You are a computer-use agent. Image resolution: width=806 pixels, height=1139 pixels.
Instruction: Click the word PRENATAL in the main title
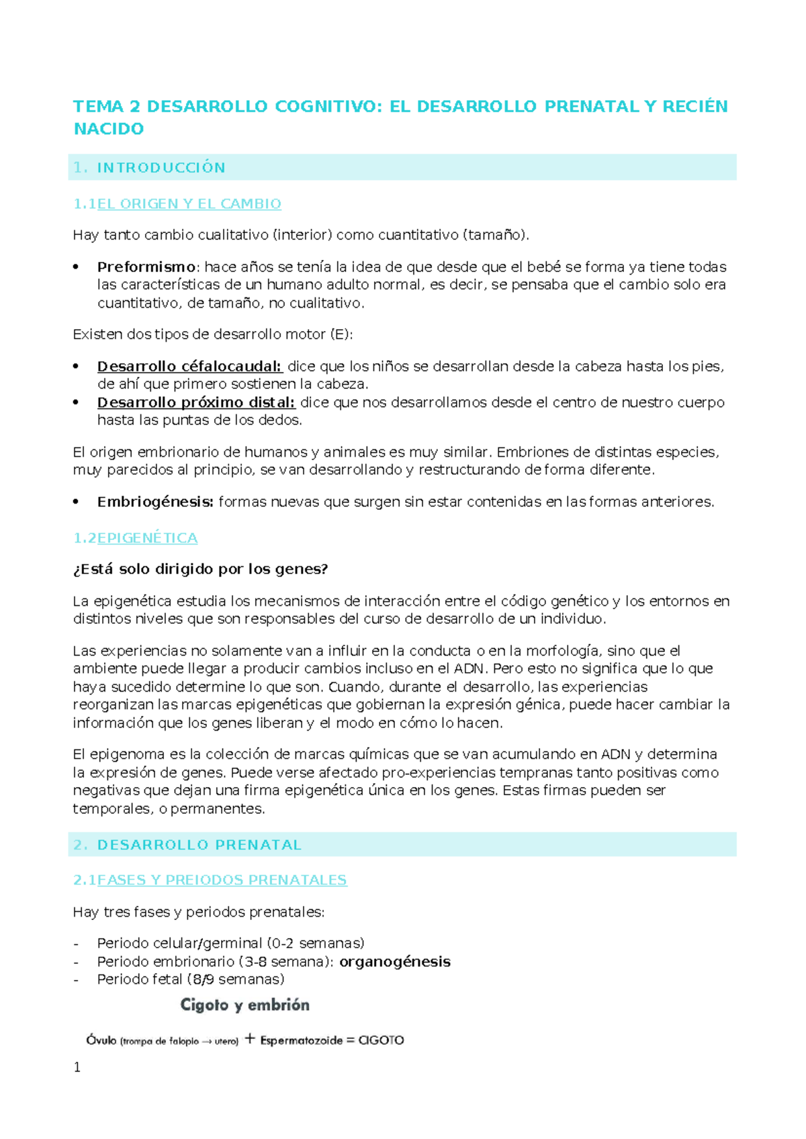click(x=591, y=107)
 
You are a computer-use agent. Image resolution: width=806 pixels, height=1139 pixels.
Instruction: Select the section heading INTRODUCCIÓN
click(x=161, y=168)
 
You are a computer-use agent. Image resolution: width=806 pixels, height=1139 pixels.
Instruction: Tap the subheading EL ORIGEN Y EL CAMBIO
click(x=189, y=204)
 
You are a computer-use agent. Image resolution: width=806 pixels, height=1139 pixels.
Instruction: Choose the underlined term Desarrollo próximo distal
click(x=196, y=403)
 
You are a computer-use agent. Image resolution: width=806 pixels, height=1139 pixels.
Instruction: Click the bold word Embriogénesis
click(x=155, y=502)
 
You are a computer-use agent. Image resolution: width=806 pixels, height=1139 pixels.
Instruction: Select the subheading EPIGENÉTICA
click(x=147, y=539)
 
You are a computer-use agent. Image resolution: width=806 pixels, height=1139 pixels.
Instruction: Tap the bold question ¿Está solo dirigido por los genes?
click(x=200, y=569)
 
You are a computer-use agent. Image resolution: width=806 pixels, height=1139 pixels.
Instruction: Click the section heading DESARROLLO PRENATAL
click(x=199, y=846)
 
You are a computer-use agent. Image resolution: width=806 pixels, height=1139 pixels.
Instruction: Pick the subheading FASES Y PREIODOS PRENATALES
click(x=222, y=880)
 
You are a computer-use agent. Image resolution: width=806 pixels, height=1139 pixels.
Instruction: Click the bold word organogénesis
click(x=395, y=962)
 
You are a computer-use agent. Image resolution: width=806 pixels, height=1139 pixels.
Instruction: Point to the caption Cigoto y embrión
click(x=245, y=1005)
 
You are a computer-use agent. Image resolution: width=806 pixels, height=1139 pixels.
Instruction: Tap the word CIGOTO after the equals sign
click(x=381, y=1041)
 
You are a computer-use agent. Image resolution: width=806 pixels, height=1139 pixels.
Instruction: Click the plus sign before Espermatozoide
click(x=250, y=1040)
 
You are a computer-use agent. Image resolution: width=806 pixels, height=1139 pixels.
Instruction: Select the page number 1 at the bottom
click(x=77, y=1068)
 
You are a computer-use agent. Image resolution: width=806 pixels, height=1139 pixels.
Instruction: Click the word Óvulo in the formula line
click(x=101, y=1041)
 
